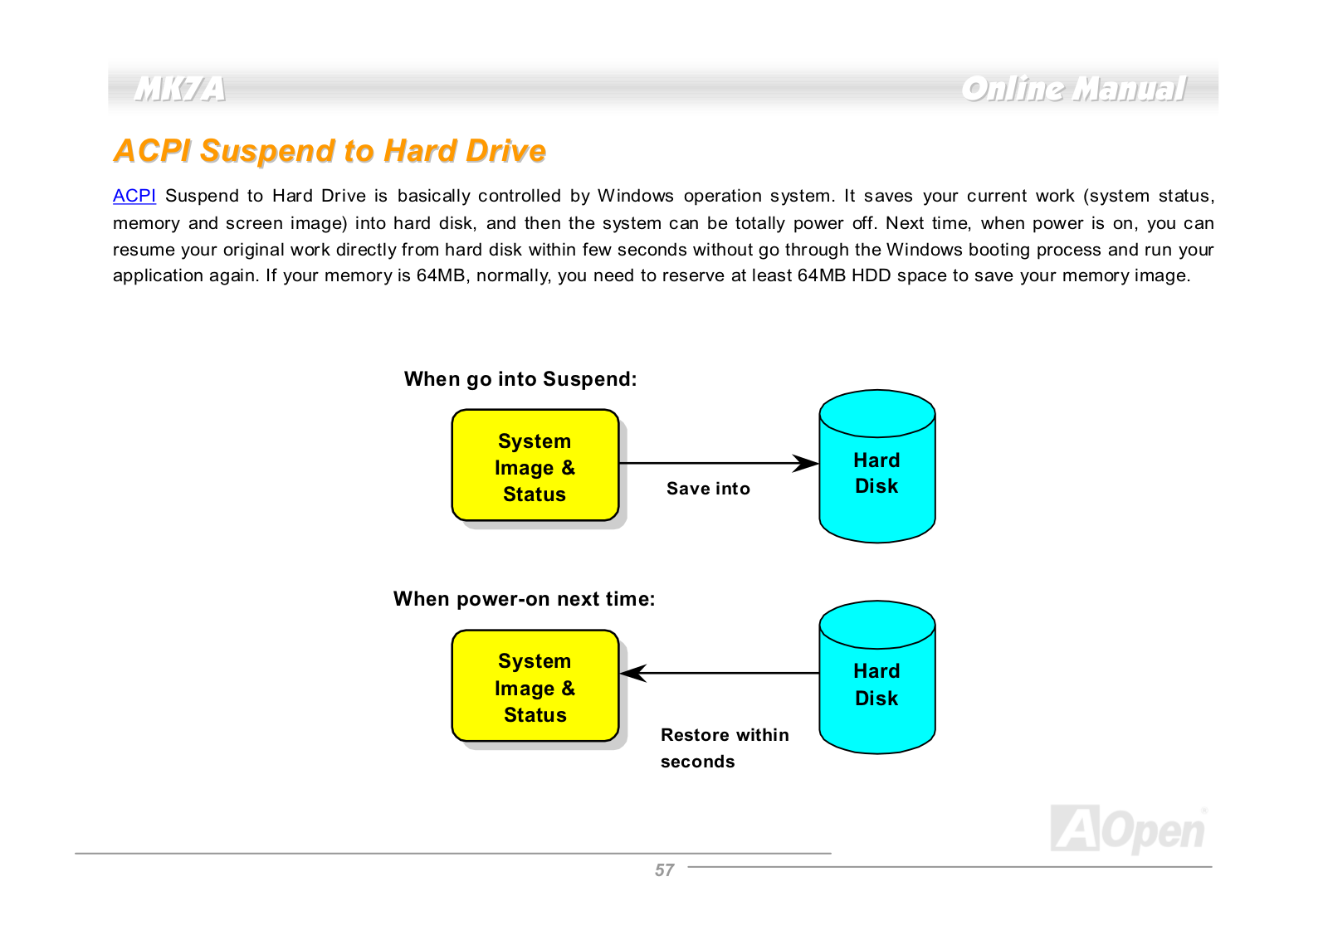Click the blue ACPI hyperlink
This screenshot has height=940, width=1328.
tap(134, 196)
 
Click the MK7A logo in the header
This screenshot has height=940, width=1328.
tap(180, 90)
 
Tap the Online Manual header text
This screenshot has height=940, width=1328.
tap(1074, 89)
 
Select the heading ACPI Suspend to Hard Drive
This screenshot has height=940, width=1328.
tap(330, 150)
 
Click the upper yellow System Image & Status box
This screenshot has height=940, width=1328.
tap(535, 465)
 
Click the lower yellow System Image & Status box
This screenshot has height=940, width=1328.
tap(535, 686)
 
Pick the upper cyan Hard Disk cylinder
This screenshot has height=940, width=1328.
tap(876, 465)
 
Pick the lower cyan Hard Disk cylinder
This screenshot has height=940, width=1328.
tap(876, 678)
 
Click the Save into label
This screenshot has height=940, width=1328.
tap(708, 489)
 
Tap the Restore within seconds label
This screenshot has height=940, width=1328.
tap(725, 748)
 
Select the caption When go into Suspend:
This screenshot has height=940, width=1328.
tap(520, 378)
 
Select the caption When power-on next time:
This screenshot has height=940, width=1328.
tap(524, 599)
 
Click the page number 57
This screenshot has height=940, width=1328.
tap(664, 870)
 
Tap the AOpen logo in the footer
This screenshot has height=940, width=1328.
tap(1128, 829)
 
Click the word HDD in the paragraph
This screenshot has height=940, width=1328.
tap(871, 275)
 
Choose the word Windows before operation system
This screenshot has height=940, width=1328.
tap(636, 196)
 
